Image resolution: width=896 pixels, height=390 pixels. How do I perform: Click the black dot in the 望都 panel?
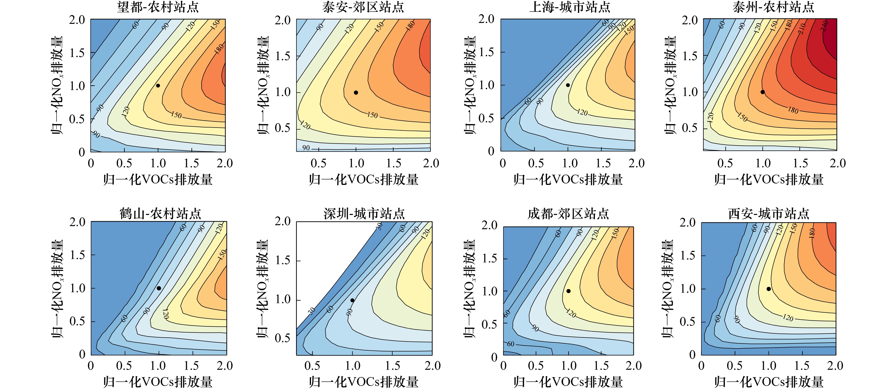[158, 86]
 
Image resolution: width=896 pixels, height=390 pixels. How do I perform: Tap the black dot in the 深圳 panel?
[352, 300]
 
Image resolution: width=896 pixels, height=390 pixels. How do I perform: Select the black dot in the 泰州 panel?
[762, 92]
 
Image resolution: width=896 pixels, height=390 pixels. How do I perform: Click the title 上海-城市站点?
[569, 7]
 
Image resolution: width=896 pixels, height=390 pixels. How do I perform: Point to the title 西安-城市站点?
[769, 214]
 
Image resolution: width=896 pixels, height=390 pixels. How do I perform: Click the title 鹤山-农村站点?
[160, 214]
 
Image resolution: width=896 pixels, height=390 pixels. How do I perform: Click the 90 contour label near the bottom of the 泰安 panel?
[306, 148]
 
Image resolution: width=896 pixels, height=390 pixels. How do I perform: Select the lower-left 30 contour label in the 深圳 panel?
[312, 311]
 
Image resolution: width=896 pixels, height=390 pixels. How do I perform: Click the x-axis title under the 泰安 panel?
[363, 180]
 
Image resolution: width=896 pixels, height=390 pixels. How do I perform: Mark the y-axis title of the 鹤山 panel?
[57, 288]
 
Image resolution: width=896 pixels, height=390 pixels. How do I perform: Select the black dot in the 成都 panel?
[568, 291]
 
